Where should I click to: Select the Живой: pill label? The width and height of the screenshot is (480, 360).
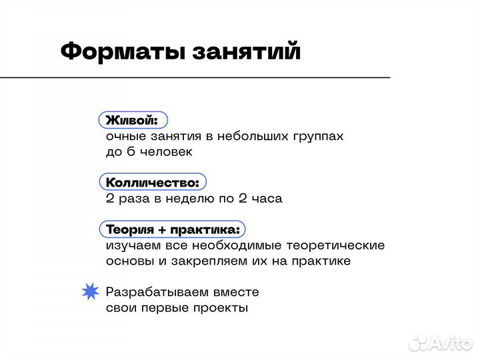133,120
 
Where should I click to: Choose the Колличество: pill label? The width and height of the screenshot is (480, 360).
153,181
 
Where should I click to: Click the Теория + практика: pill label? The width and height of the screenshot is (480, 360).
173,229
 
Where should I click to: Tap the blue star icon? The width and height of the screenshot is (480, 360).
90,292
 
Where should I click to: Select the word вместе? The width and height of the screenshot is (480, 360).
235,292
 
